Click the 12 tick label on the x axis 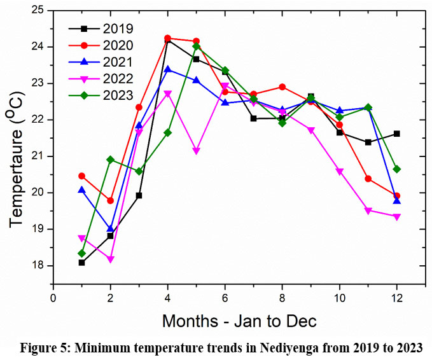coord(397,297)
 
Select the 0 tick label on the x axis coord(53,297)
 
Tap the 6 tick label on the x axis coord(225,297)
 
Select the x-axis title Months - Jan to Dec coord(239,321)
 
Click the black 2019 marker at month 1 coord(82,262)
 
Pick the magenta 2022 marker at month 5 coord(197,151)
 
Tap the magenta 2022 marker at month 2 coord(111,260)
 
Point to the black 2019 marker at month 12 coord(397,134)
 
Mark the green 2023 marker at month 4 coord(168,132)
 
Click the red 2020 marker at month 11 coord(368,179)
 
